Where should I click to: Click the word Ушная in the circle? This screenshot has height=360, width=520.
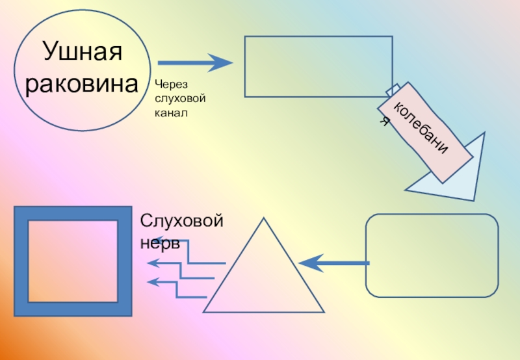pyautogui.click(x=82, y=52)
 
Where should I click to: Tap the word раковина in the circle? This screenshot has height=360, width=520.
pyautogui.click(x=82, y=84)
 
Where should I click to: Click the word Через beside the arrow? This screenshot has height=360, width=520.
pyautogui.click(x=170, y=84)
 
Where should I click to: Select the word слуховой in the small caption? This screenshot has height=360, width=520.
pyautogui.click(x=180, y=99)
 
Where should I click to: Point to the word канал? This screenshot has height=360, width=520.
pyautogui.click(x=170, y=113)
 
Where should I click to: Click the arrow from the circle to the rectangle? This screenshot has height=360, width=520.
pyautogui.click(x=195, y=63)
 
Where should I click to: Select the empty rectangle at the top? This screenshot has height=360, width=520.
pyautogui.click(x=318, y=66)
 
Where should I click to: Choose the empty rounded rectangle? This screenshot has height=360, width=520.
pyautogui.click(x=432, y=255)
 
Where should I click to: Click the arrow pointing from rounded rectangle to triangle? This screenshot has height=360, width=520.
pyautogui.click(x=334, y=263)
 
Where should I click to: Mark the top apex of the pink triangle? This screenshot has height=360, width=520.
pyautogui.click(x=263, y=219)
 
